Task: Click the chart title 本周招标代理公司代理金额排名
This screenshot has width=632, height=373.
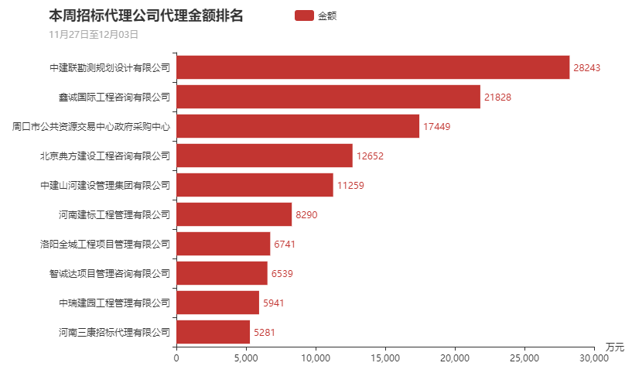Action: pyautogui.click(x=145, y=15)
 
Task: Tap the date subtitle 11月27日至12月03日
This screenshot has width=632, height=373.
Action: pyautogui.click(x=93, y=34)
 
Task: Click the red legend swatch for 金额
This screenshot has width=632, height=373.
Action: pyautogui.click(x=304, y=15)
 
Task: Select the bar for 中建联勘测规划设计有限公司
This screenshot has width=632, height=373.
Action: pyautogui.click(x=373, y=68)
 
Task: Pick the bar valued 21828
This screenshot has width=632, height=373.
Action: pyautogui.click(x=328, y=97)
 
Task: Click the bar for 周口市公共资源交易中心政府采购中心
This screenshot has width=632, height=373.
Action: pyautogui.click(x=298, y=126)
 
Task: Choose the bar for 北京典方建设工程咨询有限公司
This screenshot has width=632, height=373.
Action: pyautogui.click(x=265, y=156)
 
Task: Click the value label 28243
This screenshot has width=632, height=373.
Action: pyautogui.click(x=586, y=68)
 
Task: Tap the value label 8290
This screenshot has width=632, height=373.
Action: pyautogui.click(x=306, y=214)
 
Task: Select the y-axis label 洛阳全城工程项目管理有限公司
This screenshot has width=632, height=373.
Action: pyautogui.click(x=105, y=245)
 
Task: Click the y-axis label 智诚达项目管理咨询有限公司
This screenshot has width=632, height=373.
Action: pyautogui.click(x=109, y=274)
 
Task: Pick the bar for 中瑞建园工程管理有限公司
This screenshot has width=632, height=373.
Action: pyautogui.click(x=218, y=303)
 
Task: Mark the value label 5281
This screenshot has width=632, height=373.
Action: pyautogui.click(x=265, y=333)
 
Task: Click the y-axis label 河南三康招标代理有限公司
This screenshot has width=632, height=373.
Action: pyautogui.click(x=114, y=333)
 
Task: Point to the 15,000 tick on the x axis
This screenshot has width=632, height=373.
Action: pyautogui.click(x=385, y=358)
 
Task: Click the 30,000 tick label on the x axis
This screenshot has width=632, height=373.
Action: pyautogui.click(x=593, y=358)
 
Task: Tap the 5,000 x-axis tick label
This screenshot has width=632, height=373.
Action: pyautogui.click(x=246, y=358)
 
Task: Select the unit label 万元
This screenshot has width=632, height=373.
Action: pyautogui.click(x=615, y=345)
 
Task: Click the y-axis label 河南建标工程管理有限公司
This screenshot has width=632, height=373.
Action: pyautogui.click(x=114, y=214)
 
